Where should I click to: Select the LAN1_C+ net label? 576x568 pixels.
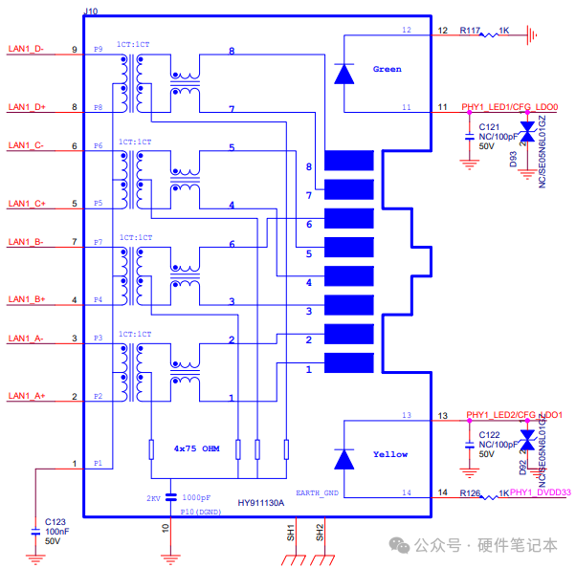tap(27, 204)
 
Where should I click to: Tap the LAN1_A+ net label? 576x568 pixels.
tap(27, 396)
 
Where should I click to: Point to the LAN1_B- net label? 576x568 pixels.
tap(26, 242)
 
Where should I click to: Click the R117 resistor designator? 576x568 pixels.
tap(469, 31)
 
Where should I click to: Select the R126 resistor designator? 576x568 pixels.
tap(469, 493)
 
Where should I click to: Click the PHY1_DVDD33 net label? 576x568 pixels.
tap(541, 493)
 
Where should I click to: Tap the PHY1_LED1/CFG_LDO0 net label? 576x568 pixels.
tap(510, 107)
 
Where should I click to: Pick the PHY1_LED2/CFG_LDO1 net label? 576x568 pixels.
tap(515, 415)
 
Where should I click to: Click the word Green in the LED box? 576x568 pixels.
tap(388, 69)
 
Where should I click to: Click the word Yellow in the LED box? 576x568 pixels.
tap(389, 454)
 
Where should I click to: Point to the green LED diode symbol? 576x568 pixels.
tap(345, 73)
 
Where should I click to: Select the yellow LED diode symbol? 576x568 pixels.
tap(345, 458)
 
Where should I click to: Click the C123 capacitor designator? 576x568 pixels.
tap(55, 522)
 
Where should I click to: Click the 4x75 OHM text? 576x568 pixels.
tap(197, 448)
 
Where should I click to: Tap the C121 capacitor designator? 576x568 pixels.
tap(489, 126)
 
